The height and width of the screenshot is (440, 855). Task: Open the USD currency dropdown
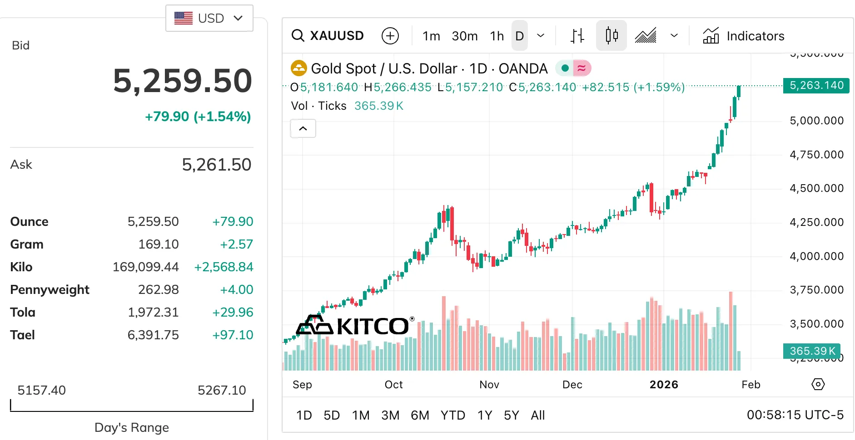coord(209,18)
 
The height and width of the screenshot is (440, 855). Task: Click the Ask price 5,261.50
coord(216,165)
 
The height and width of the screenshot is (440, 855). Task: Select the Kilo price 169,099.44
coord(145,267)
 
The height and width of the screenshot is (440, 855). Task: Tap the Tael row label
coord(22,335)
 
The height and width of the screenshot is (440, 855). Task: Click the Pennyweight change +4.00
coord(236,289)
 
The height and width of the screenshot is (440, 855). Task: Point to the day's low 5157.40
coord(41,390)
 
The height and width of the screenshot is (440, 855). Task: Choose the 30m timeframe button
coord(464,36)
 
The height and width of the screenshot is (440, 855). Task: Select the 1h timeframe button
coord(497,36)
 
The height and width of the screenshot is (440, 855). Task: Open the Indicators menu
coord(744,36)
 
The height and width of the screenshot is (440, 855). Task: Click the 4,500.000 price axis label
coord(816,188)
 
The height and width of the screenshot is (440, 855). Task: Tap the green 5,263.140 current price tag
coord(816,85)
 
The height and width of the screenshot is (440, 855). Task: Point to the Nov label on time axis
coord(489,385)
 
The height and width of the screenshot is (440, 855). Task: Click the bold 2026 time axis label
coord(663,385)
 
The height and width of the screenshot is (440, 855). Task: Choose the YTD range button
coord(452,415)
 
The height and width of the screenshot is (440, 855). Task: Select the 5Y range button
coord(511,415)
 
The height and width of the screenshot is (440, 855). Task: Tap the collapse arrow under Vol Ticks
coord(303,129)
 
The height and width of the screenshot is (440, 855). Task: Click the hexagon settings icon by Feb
coord(818,385)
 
